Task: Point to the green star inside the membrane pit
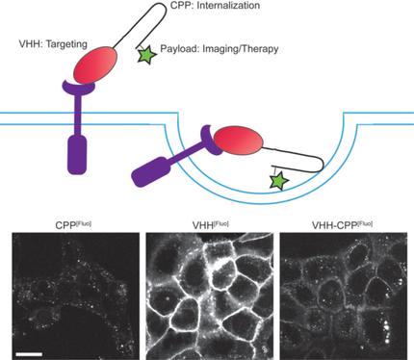coord(278,180)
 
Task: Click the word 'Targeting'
coord(75,45)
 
